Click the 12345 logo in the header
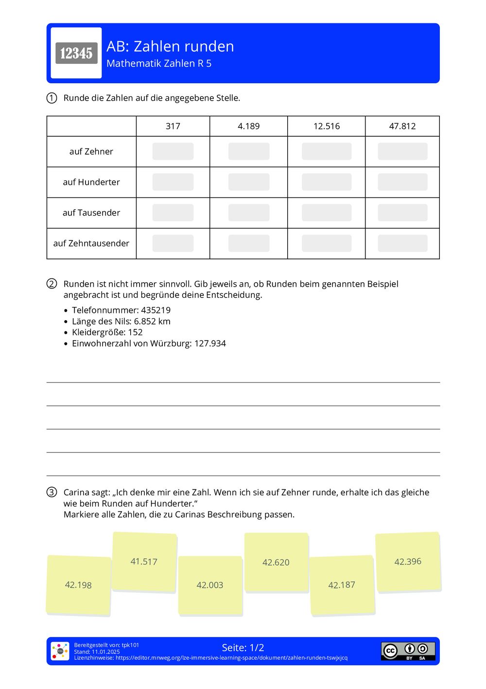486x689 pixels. [x=76, y=53]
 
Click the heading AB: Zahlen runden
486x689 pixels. [x=170, y=46]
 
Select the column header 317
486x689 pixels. [x=173, y=126]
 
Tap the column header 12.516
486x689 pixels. [x=327, y=126]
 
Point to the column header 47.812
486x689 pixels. [x=402, y=126]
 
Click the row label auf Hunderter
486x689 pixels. [x=91, y=182]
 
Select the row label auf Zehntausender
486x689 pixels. [x=91, y=243]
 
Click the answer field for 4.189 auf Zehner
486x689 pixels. [x=249, y=151]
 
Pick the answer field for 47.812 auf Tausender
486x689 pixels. [x=402, y=213]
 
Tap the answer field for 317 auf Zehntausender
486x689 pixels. [x=173, y=243]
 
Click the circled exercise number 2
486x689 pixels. [x=52, y=284]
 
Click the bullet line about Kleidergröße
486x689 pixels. [x=107, y=332]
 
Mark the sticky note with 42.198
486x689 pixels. [x=78, y=585]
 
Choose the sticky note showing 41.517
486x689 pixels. [x=144, y=562]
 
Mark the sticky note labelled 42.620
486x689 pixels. [x=276, y=562]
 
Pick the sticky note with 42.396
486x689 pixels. [x=408, y=562]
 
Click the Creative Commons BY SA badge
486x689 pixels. [x=408, y=651]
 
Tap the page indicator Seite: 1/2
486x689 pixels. [x=243, y=648]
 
